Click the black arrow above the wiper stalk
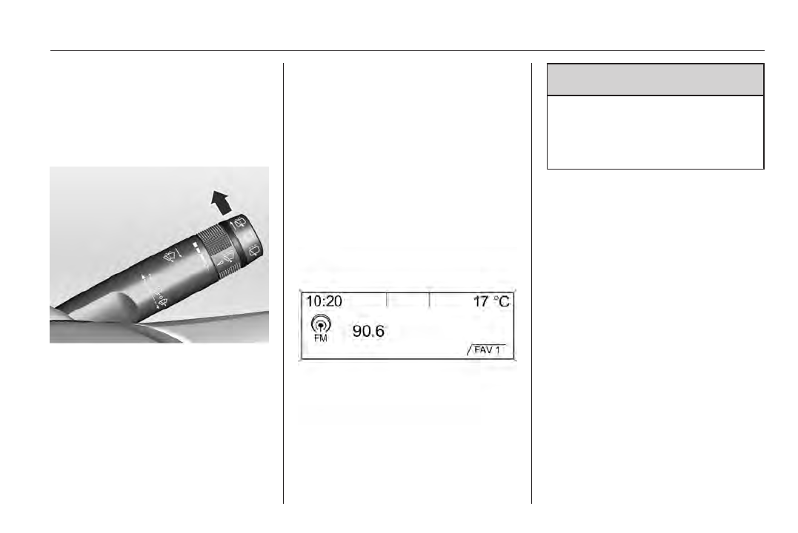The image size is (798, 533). pyautogui.click(x=222, y=202)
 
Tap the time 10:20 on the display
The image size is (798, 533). pyautogui.click(x=324, y=301)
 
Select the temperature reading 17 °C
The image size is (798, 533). pyautogui.click(x=491, y=301)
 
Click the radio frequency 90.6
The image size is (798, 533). pyautogui.click(x=368, y=331)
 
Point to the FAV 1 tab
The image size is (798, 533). pyautogui.click(x=487, y=350)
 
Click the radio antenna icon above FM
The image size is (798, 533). pyautogui.click(x=321, y=324)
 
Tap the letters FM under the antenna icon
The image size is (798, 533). pyautogui.click(x=321, y=338)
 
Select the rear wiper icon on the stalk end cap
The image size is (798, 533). pyautogui.click(x=254, y=249)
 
